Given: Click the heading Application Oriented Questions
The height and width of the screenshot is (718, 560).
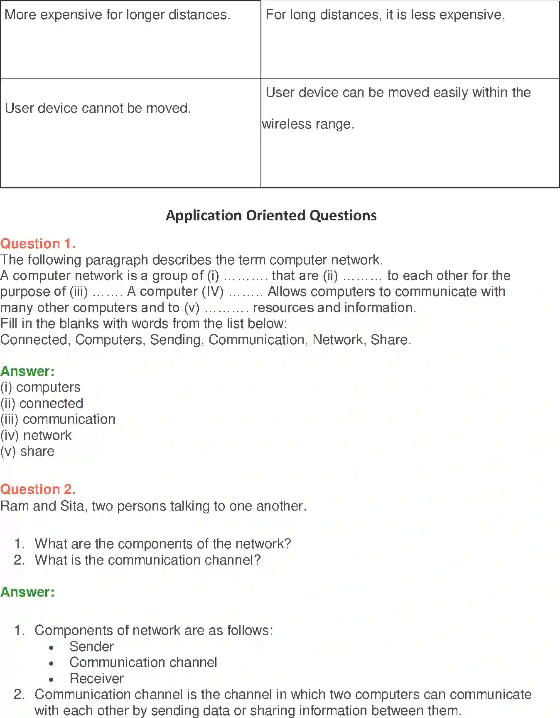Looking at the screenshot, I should click(271, 215).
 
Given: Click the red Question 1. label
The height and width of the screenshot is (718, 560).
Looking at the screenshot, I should click(38, 244).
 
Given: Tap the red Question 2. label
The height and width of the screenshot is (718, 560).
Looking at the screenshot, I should click(38, 489).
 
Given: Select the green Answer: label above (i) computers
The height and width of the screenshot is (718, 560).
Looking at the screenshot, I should click(27, 371).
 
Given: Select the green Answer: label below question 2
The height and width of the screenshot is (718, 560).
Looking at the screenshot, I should click(27, 592).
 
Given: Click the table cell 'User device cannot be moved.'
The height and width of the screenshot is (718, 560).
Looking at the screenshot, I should click(98, 109).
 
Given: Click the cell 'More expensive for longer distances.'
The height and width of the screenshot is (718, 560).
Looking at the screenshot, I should click(117, 15).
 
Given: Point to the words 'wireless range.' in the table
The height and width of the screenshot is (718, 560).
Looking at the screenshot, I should click(308, 124).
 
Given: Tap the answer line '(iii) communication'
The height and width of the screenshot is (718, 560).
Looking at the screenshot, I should click(58, 419).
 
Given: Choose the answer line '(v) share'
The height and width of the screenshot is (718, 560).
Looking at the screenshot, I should click(27, 452).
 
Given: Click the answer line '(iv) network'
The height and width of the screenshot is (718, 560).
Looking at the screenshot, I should click(36, 435).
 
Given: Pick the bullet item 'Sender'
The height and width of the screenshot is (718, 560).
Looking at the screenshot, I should click(91, 646).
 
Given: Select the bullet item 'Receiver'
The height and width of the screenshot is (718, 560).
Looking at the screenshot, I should click(96, 679).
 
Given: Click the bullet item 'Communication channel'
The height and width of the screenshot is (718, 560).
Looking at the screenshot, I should click(143, 662).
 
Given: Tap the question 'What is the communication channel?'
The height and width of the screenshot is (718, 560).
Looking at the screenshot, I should click(147, 560).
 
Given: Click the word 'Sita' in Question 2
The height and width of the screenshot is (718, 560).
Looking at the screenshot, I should click(71, 506).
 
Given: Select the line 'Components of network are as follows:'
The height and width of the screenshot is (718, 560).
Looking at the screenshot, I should click(154, 630).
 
